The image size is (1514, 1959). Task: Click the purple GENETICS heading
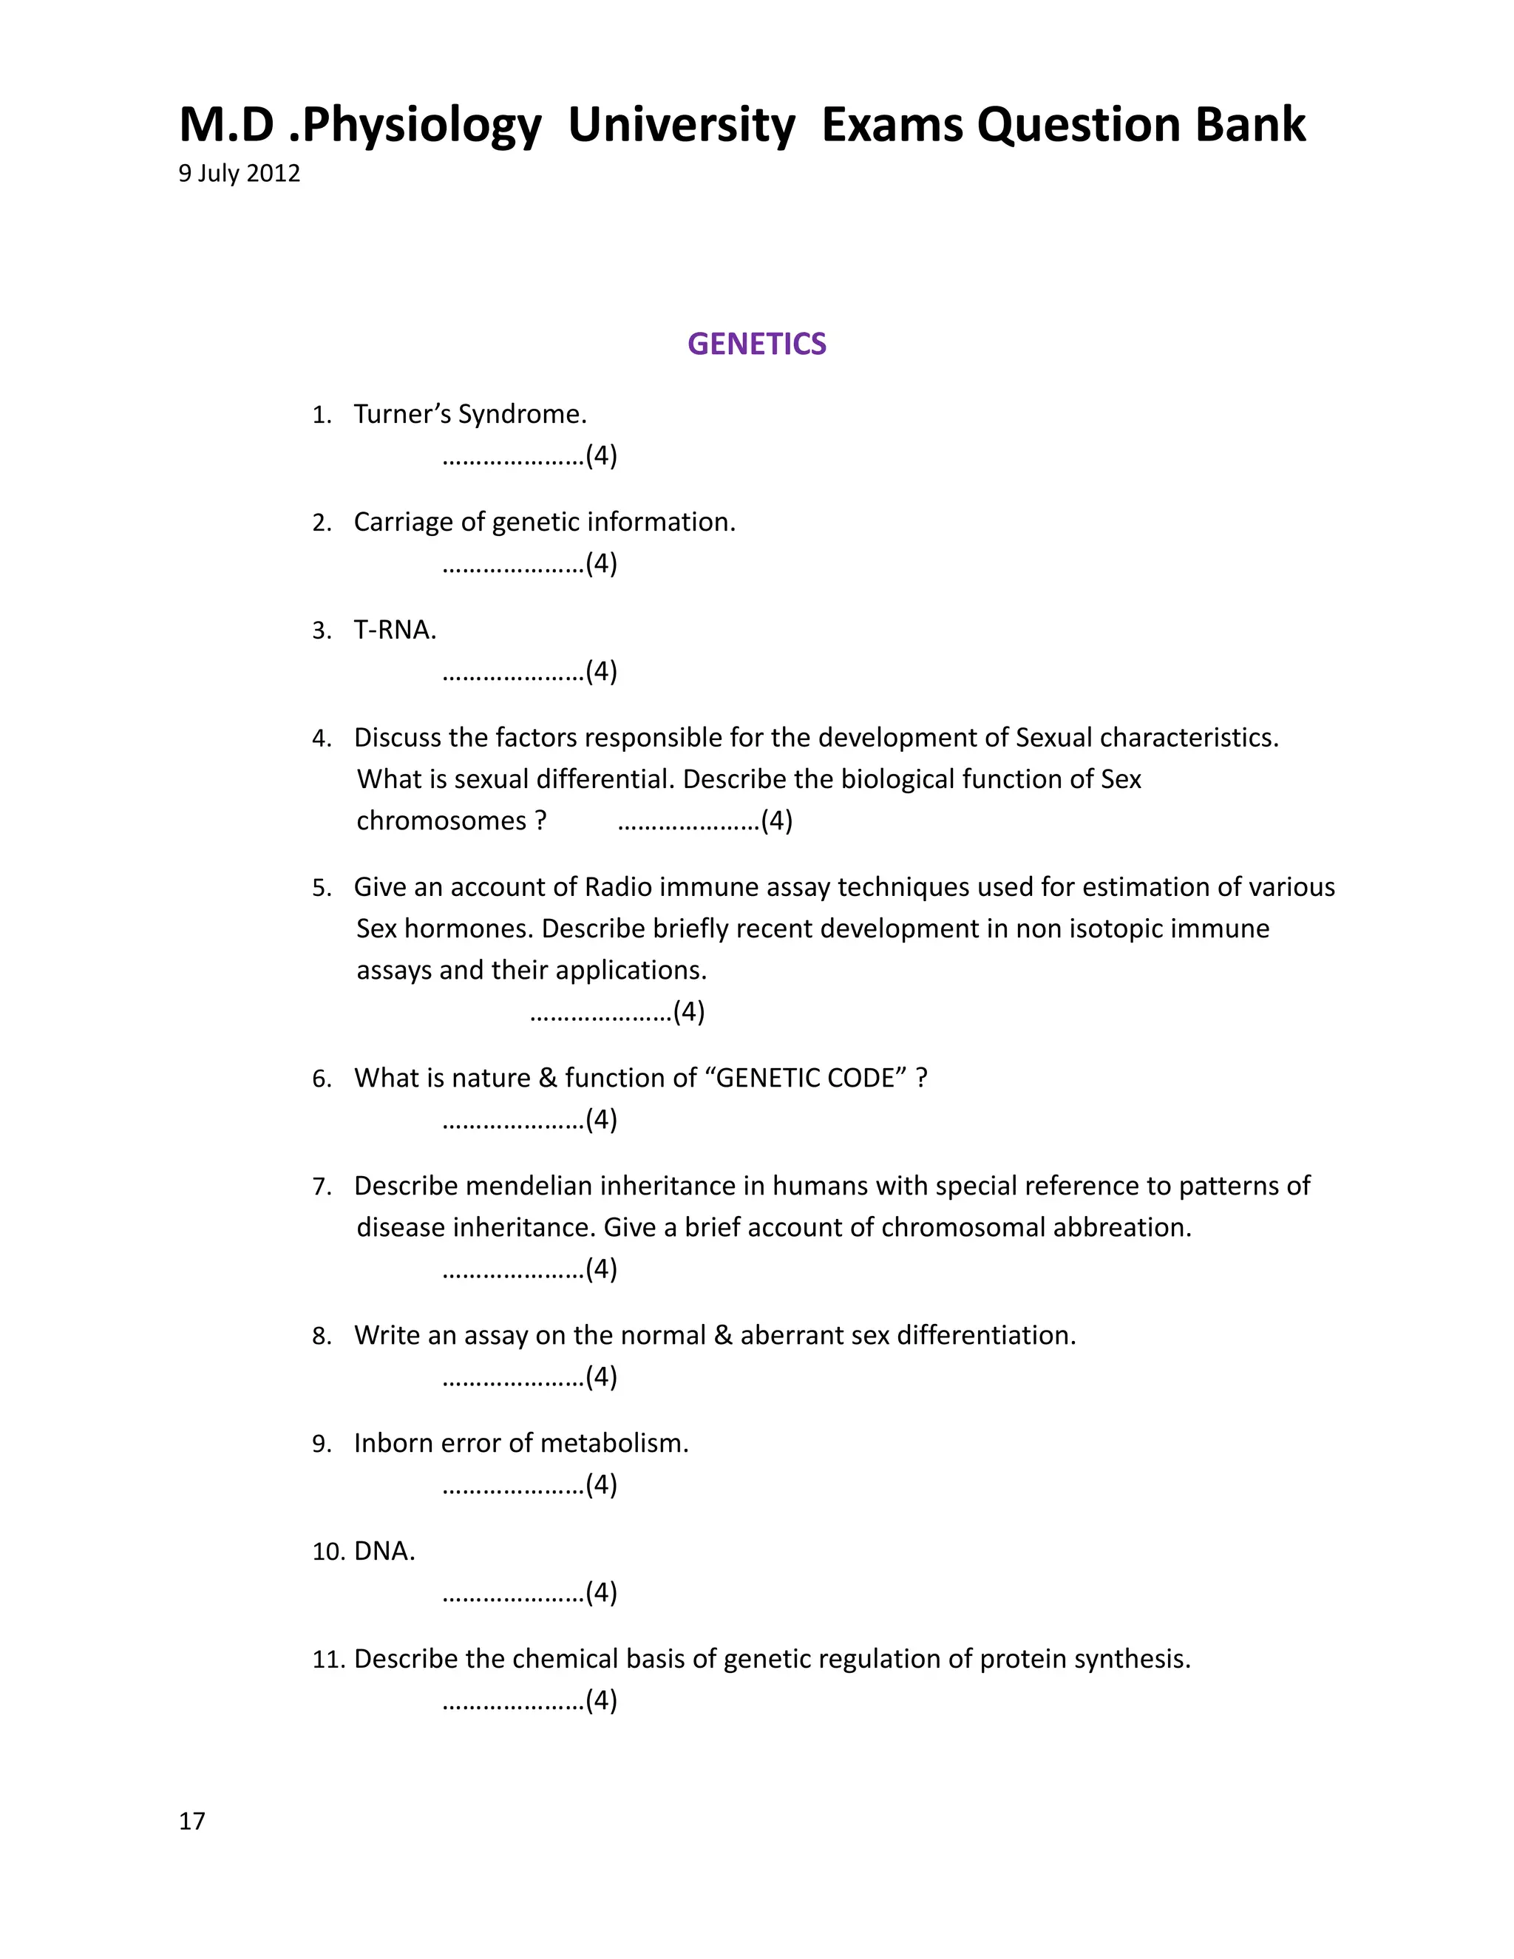pyautogui.click(x=756, y=344)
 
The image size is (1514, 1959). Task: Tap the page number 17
pyautogui.click(x=192, y=1821)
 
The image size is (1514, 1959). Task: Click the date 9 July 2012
pyautogui.click(x=239, y=173)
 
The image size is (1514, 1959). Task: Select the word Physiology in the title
pyautogui.click(x=421, y=126)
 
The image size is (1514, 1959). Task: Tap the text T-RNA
pyautogui.click(x=394, y=630)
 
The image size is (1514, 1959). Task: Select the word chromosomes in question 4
pyautogui.click(x=441, y=821)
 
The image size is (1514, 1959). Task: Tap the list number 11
pyautogui.click(x=327, y=1660)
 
